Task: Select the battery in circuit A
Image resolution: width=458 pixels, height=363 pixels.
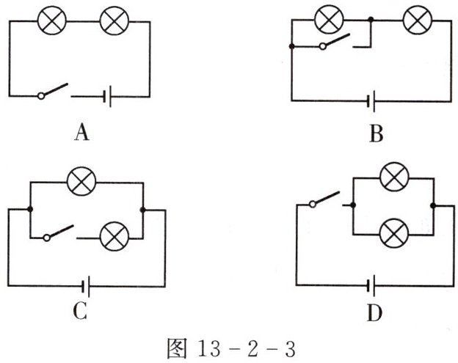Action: click(x=107, y=96)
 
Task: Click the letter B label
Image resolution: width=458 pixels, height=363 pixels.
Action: click(x=377, y=133)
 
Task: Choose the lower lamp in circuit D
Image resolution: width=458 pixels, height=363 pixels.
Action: click(x=394, y=235)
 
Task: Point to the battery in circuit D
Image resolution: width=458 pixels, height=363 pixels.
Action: click(x=374, y=284)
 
